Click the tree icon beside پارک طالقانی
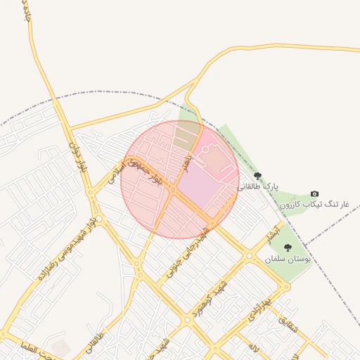[257, 176]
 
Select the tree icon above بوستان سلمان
[288, 247]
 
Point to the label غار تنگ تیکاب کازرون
[314, 205]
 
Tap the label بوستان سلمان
[288, 259]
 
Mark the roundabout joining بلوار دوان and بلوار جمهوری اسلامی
[91, 191]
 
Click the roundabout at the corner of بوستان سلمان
[284, 287]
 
